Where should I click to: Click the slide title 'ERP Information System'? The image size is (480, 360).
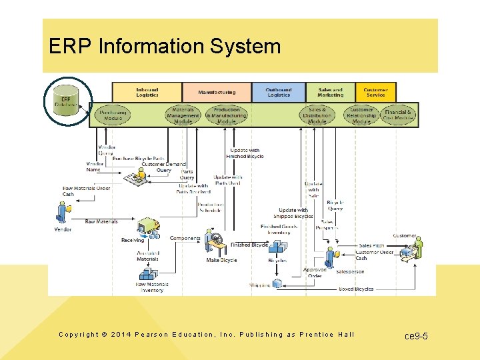click(x=165, y=47)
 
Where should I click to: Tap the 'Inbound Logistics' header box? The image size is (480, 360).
click(x=147, y=92)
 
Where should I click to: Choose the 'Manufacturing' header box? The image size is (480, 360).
click(x=217, y=92)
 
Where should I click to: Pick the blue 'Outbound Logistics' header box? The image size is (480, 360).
click(x=279, y=92)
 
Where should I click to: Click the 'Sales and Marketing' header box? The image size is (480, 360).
click(x=330, y=92)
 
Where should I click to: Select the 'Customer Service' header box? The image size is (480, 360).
click(x=375, y=92)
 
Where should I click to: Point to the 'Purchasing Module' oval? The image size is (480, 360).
click(x=113, y=115)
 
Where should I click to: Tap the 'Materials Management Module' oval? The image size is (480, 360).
click(x=183, y=115)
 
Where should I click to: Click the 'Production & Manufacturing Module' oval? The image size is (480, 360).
click(x=227, y=115)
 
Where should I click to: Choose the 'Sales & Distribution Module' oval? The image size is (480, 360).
click(x=317, y=115)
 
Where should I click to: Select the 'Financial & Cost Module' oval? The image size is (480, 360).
click(x=398, y=115)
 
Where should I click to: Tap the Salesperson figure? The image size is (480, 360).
click(x=329, y=257)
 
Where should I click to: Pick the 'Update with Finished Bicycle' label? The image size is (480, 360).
click(x=245, y=153)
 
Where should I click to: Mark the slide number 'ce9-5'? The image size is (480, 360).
click(x=416, y=336)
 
